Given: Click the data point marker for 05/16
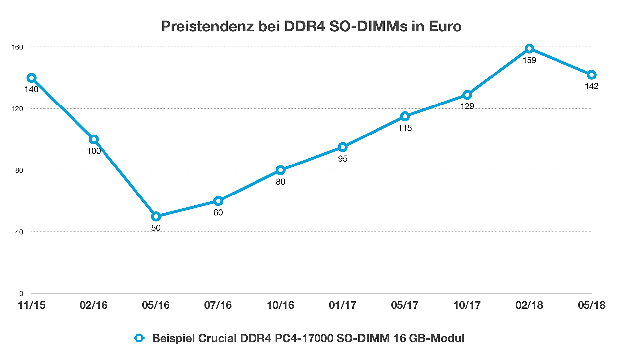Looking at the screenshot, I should (x=156, y=217).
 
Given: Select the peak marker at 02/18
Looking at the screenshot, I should (x=529, y=49).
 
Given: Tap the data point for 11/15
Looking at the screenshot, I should (x=31, y=78).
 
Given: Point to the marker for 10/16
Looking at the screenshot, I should (x=280, y=170).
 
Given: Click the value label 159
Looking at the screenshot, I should (x=529, y=60).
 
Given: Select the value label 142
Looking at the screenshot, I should (x=591, y=86).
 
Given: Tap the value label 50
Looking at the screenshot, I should (x=156, y=228).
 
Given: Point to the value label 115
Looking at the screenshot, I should (x=405, y=128).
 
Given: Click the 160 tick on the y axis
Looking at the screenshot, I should (x=17, y=47).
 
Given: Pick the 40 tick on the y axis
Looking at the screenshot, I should (x=19, y=232).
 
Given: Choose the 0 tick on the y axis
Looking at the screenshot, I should (x=21, y=294).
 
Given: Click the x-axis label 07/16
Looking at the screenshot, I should (x=218, y=305).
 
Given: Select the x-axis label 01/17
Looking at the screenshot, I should (x=343, y=305).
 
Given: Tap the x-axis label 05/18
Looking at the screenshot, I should (x=591, y=305).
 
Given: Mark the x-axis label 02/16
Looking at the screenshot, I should (x=94, y=305).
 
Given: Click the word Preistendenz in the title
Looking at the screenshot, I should (x=207, y=26).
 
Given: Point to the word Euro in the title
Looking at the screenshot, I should (x=445, y=26).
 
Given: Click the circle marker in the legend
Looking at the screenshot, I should (x=139, y=338).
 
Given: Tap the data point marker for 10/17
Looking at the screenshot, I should (x=467, y=95).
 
